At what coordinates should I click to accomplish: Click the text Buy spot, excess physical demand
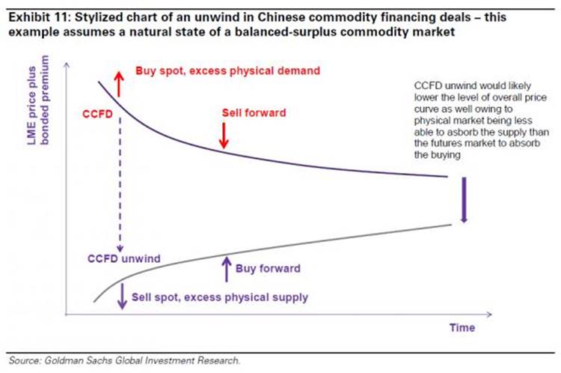(x=227, y=70)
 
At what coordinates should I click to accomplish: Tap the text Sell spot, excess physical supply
(x=219, y=297)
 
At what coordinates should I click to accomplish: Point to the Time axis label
(x=462, y=327)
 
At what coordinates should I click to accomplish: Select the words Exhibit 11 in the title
(x=34, y=10)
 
